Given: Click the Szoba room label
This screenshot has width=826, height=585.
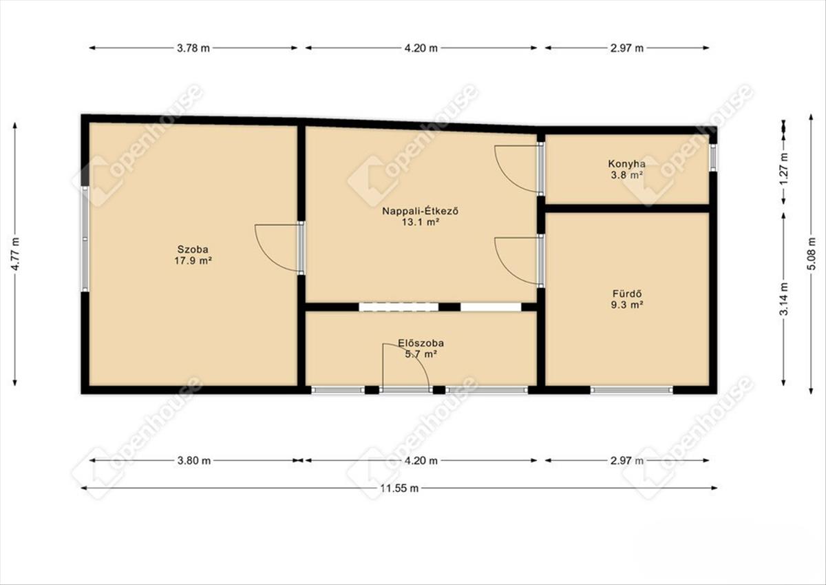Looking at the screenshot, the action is point(193,249).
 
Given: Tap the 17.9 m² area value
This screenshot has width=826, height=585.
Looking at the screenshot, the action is point(193,261).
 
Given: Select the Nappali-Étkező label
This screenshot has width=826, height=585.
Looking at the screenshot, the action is point(421,211).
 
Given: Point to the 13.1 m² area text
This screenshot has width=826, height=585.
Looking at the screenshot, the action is point(421,222).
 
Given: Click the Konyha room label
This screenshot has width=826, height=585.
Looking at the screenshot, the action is point(626,164).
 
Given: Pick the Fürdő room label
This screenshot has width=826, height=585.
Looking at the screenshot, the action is point(627,294).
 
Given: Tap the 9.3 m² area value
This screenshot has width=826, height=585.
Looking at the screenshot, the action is point(627,305).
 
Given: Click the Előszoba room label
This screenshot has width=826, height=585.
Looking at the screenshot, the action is point(421,343).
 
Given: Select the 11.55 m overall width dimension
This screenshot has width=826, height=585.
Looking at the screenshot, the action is point(399,489).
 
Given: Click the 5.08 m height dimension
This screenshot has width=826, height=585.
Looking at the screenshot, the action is point(812,254).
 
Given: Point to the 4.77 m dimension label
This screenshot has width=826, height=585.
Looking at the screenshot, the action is point(15,254).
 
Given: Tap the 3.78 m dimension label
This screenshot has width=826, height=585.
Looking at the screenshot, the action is point(193,48).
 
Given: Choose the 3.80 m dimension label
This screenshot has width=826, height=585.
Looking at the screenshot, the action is point(194,460).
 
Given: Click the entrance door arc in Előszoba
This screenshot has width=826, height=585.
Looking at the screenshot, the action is point(416,356).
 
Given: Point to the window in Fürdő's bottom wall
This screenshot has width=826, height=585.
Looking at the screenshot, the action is point(631,390).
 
